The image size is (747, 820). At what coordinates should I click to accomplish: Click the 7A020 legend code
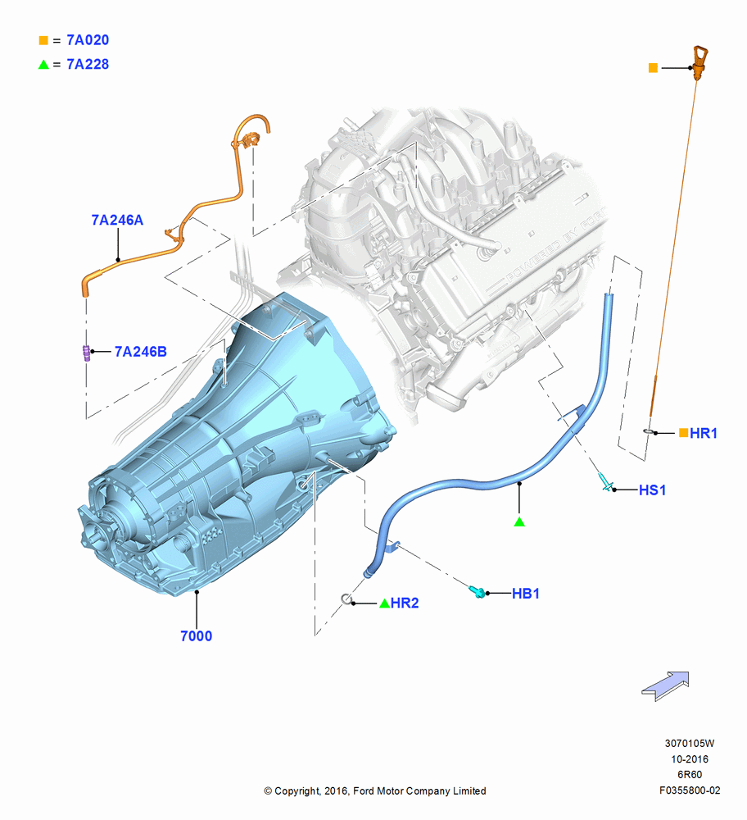click(88, 39)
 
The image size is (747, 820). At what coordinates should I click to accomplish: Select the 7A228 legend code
click(88, 64)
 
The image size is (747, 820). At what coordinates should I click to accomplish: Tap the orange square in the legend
click(43, 40)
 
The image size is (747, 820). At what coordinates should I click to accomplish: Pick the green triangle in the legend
click(43, 64)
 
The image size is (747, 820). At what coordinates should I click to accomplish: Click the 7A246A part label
click(117, 220)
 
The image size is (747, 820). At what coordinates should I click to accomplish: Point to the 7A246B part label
click(141, 352)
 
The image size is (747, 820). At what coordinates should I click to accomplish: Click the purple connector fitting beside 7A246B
click(86, 353)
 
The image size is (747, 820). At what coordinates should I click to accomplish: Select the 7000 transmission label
click(196, 636)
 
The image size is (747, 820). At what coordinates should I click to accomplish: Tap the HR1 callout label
click(703, 433)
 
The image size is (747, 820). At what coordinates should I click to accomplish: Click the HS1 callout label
click(652, 490)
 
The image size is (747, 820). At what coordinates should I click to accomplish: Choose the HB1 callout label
click(526, 594)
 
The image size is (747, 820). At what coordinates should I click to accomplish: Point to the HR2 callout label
click(405, 603)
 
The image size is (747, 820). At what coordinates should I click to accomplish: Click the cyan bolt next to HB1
click(477, 591)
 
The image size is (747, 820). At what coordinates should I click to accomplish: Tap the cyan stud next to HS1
click(605, 482)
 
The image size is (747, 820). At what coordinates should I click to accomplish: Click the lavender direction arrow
click(666, 686)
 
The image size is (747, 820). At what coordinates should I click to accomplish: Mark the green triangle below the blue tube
click(519, 522)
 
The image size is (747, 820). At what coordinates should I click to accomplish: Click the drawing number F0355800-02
click(690, 790)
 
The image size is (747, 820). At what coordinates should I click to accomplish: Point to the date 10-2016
click(690, 758)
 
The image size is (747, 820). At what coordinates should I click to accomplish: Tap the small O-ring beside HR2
click(346, 599)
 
